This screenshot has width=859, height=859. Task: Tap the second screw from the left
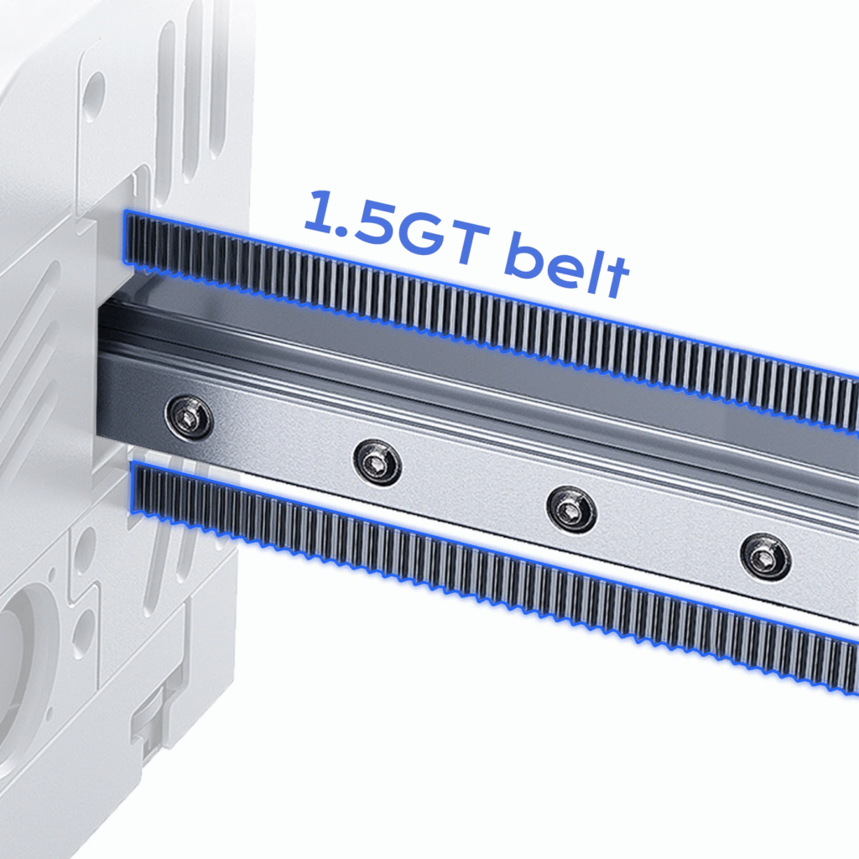[x=377, y=462]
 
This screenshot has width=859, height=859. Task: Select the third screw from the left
[x=571, y=509]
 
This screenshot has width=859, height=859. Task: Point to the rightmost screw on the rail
[x=765, y=557]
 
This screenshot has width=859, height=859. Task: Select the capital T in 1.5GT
[x=468, y=246]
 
